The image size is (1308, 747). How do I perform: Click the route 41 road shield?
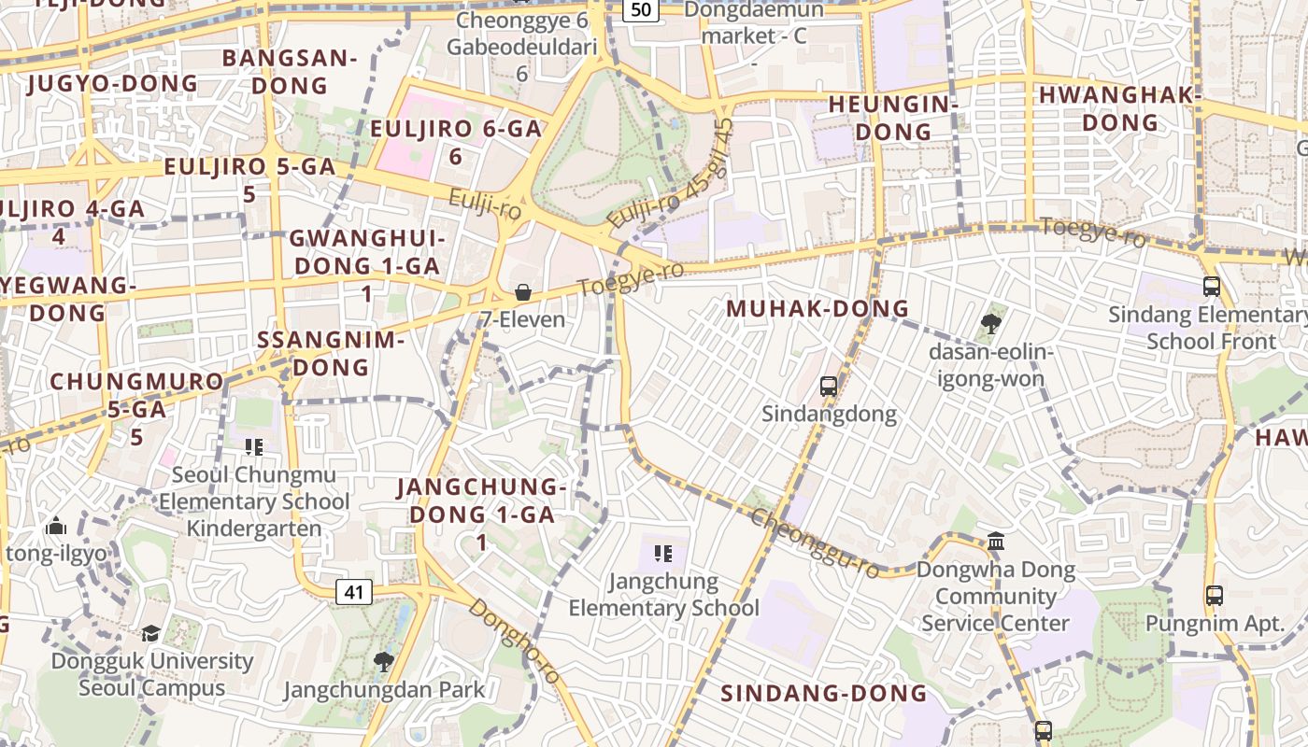click(x=353, y=592)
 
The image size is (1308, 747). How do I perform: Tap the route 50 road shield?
click(x=641, y=9)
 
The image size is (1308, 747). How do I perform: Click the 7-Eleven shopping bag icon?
click(x=523, y=292)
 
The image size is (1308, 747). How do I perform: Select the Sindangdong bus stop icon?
click(x=828, y=386)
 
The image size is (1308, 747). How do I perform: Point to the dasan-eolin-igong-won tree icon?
click(x=991, y=324)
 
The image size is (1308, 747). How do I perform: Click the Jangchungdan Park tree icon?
click(x=383, y=662)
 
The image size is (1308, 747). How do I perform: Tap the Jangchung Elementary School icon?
click(x=663, y=554)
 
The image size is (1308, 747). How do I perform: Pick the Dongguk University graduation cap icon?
click(x=151, y=633)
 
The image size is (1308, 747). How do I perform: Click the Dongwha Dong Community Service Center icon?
click(x=996, y=542)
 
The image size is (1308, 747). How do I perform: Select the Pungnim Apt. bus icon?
click(x=1215, y=595)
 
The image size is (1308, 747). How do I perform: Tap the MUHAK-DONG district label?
click(x=817, y=308)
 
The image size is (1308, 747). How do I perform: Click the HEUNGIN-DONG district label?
click(x=893, y=118)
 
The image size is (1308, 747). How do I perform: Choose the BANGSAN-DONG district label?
click(x=290, y=72)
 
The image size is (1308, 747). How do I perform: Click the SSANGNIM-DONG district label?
click(x=331, y=353)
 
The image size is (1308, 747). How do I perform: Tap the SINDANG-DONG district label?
click(x=824, y=693)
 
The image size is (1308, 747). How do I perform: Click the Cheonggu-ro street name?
click(x=815, y=543)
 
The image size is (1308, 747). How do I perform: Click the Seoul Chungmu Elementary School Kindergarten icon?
click(x=252, y=447)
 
